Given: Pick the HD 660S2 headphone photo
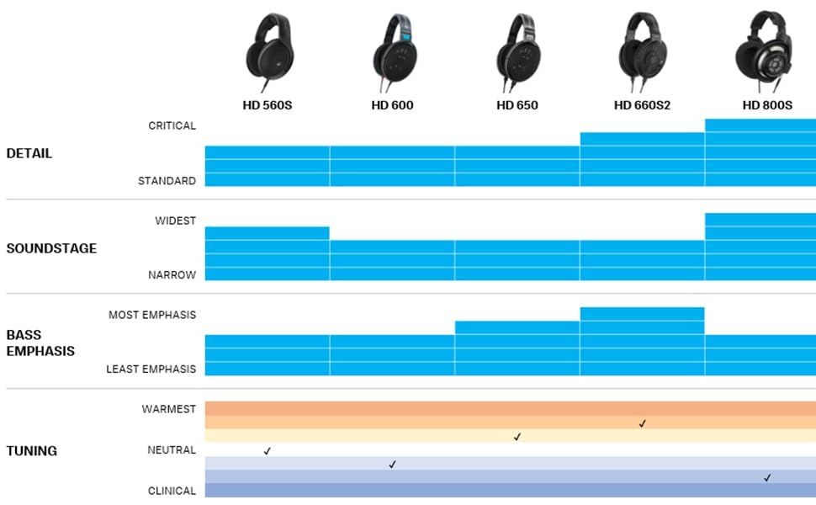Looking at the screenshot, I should tap(642, 50).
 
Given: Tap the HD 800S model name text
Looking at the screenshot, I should tap(766, 105).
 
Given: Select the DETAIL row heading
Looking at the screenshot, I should tap(29, 153).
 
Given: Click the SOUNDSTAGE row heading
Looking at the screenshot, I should tap(51, 248).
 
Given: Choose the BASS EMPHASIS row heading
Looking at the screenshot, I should tap(40, 343).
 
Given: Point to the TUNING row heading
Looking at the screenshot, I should tap(32, 450).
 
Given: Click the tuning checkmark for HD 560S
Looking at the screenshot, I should tap(268, 451).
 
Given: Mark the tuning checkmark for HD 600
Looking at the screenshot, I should tap(392, 465).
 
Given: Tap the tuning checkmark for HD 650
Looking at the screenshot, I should tap(517, 437).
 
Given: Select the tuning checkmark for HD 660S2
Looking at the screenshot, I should tap(642, 423).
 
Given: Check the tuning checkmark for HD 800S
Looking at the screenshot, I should tap(767, 478).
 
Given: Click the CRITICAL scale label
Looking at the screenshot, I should tap(172, 125).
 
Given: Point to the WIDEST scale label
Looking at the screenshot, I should tap(175, 221).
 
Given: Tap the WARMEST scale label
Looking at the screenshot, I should tap(168, 409).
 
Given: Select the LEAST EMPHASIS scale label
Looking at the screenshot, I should tap(151, 369).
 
